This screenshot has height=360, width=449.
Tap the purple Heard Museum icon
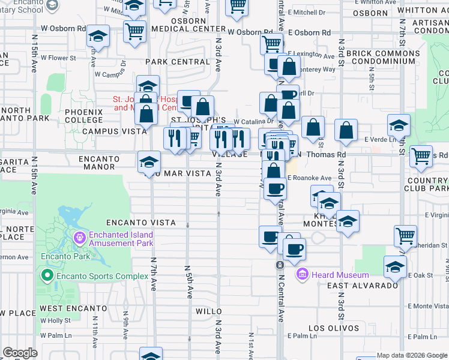click(303, 274)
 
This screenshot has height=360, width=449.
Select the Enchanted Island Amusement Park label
click(121, 239)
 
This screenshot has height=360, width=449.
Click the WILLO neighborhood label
click(209, 312)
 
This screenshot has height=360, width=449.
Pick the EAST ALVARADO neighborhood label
click(363, 286)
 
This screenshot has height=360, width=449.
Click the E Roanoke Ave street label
click(309, 178)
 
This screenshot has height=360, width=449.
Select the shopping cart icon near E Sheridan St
click(406, 236)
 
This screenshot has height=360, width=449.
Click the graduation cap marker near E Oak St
click(395, 266)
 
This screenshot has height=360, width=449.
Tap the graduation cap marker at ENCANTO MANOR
click(149, 161)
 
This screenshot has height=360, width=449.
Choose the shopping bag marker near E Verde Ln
click(346, 130)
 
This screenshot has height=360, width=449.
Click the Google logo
click(20, 353)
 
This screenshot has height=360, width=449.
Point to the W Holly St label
click(55, 320)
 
